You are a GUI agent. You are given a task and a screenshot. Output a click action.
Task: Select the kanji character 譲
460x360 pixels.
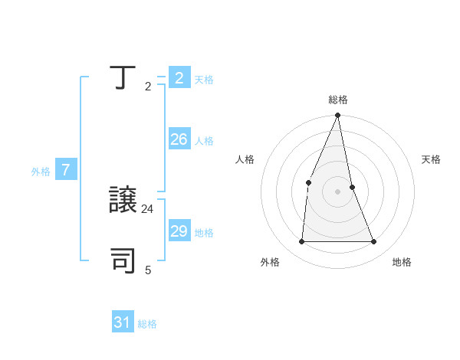click(124, 200)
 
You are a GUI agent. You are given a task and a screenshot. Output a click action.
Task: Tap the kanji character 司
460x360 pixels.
click(124, 260)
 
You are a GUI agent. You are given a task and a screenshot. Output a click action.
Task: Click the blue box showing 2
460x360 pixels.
click(179, 77)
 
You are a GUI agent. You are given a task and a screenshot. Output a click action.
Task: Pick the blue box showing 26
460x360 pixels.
click(179, 139)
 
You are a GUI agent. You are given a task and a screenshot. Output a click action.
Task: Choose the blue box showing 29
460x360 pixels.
click(179, 231)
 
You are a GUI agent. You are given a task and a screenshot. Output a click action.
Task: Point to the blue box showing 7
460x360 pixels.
click(66, 170)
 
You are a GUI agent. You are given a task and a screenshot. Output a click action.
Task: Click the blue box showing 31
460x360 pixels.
click(123, 322)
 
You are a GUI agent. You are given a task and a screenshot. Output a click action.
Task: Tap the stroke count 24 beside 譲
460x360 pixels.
click(148, 208)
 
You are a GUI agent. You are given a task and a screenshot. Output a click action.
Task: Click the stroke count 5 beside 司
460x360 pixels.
click(148, 270)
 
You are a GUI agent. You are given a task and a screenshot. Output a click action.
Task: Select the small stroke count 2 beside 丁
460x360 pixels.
click(148, 86)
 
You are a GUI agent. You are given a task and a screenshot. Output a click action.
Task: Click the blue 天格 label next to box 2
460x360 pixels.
click(204, 79)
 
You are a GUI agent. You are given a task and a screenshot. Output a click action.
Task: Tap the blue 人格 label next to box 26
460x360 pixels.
click(204, 141)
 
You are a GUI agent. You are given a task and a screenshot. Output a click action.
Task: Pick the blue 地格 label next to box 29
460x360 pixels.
click(204, 233)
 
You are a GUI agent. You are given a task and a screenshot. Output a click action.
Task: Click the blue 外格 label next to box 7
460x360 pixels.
click(41, 172)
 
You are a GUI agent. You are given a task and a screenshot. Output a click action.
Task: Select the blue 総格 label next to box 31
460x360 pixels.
click(147, 324)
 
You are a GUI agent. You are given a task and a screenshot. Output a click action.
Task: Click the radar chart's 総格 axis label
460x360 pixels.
click(338, 100)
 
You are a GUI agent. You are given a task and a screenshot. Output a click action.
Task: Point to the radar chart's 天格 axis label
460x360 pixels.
click(432, 159)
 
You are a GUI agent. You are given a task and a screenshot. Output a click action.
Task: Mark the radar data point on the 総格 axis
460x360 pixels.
click(338, 116)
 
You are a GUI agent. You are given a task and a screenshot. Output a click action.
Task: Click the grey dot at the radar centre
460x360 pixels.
click(338, 191)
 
